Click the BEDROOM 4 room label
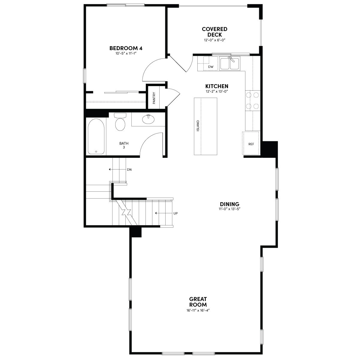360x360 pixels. pyautogui.click(x=126, y=48)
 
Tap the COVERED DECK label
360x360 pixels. pyautogui.click(x=214, y=32)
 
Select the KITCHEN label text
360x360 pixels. pyautogui.click(x=217, y=86)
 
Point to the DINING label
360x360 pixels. pyautogui.click(x=229, y=204)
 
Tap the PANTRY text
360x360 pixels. pyautogui.click(x=154, y=98)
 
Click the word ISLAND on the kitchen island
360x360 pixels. pyautogui.click(x=198, y=125)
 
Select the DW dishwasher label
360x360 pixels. pyautogui.click(x=211, y=67)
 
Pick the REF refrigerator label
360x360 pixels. pyautogui.click(x=251, y=144)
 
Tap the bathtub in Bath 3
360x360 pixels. pyautogui.click(x=96, y=136)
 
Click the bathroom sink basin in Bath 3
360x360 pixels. pyautogui.click(x=148, y=119)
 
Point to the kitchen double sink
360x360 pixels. pyautogui.click(x=229, y=64)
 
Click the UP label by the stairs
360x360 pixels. pyautogui.click(x=175, y=213)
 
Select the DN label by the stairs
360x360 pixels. pyautogui.click(x=129, y=169)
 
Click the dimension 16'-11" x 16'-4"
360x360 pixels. pyautogui.click(x=198, y=310)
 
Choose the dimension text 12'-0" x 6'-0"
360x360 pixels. pyautogui.click(x=215, y=40)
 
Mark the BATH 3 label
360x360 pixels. pyautogui.click(x=124, y=145)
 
